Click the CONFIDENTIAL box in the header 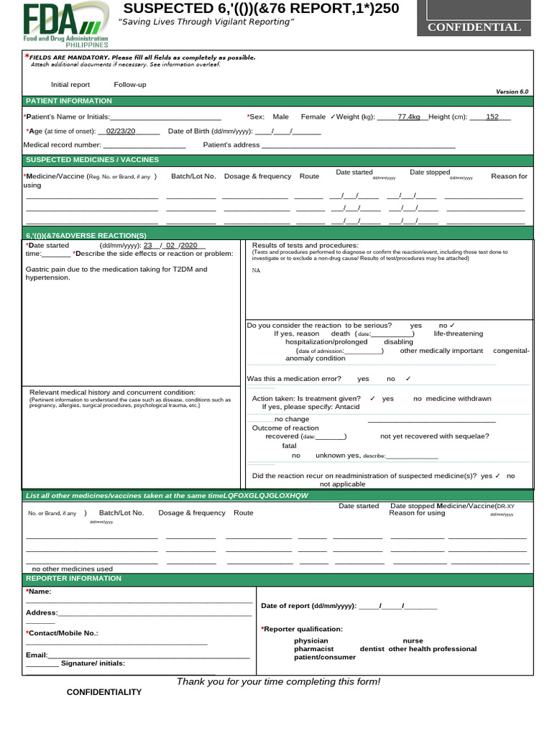click(474, 27)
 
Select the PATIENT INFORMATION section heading click(69, 101)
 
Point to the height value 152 click(492, 116)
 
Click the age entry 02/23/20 click(120, 131)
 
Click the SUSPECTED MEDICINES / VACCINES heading click(92, 160)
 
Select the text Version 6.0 click(512, 92)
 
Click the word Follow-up click(129, 85)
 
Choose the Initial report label click(70, 85)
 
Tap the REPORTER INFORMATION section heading click(74, 579)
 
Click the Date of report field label click(308, 606)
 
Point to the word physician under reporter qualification click(310, 640)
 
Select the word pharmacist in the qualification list click(313, 648)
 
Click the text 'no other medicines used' click(73, 569)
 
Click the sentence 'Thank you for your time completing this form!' click(278, 681)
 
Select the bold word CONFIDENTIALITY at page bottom click(104, 692)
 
